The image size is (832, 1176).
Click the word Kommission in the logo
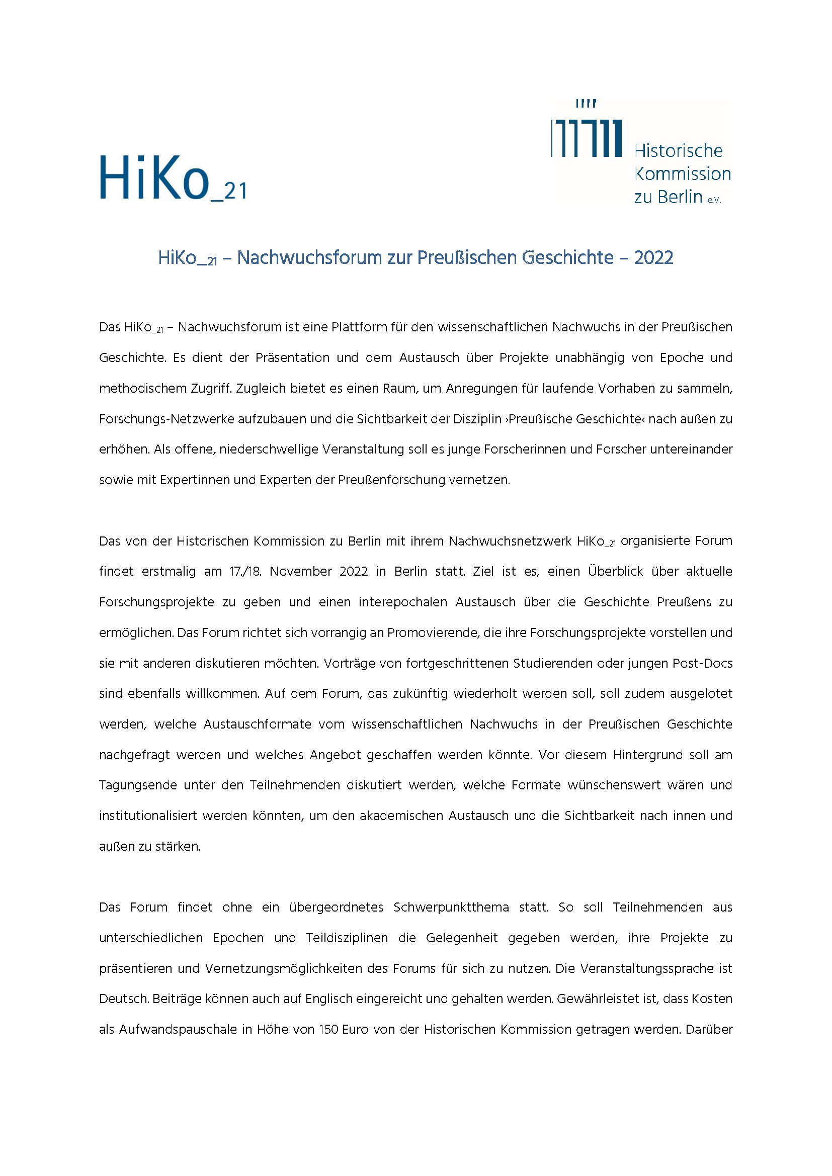click(683, 174)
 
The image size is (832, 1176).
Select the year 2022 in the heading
click(653, 257)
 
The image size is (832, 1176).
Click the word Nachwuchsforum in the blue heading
click(309, 257)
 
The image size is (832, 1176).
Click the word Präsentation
click(292, 358)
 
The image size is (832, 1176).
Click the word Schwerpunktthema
click(451, 908)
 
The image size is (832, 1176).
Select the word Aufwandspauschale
click(177, 1030)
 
